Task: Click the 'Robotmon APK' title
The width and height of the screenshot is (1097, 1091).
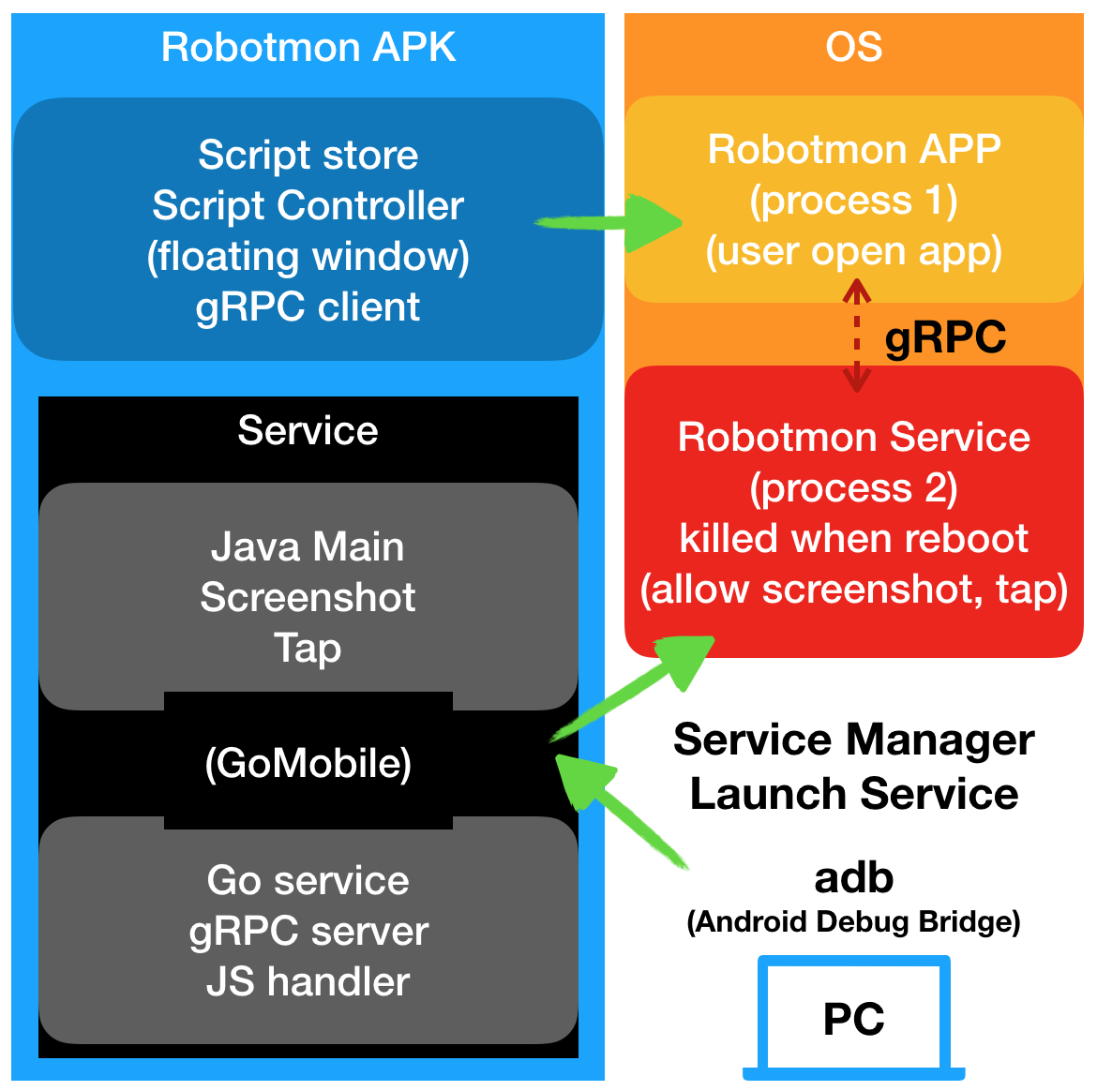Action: pos(308,47)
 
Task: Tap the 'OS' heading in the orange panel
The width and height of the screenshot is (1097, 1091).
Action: pos(853,47)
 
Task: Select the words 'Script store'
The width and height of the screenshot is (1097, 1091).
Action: pos(308,155)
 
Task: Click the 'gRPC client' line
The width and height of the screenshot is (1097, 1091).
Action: pos(308,307)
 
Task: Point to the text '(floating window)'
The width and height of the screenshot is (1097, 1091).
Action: pos(308,257)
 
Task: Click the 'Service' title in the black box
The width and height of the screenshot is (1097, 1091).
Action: pos(308,431)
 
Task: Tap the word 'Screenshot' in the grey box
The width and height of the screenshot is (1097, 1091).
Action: pos(308,598)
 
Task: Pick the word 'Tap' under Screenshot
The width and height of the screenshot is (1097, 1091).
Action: pos(308,649)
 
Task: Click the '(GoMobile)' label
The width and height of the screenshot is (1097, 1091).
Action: pos(308,764)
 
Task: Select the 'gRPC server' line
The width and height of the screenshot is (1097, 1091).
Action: pos(308,932)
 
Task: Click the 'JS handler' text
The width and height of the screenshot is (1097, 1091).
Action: pos(308,982)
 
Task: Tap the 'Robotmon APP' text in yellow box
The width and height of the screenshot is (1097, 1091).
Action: pos(853,150)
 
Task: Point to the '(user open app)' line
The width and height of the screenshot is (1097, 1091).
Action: pos(853,251)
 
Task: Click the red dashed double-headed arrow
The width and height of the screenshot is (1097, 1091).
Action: pos(855,336)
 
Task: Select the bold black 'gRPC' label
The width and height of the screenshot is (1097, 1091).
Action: pos(945,337)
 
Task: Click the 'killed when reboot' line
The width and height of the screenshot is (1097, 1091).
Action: pos(853,539)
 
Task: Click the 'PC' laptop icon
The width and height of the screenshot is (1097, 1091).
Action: pos(853,1020)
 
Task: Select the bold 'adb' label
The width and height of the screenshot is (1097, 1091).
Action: pos(853,878)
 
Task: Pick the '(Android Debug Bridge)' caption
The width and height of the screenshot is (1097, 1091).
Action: pos(853,922)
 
